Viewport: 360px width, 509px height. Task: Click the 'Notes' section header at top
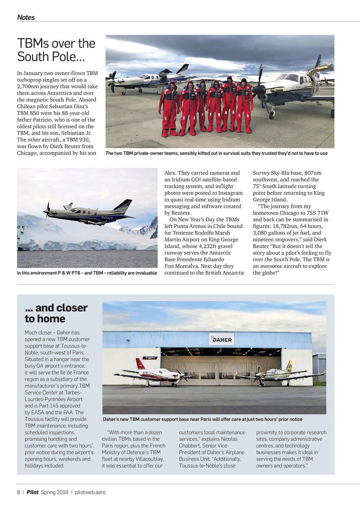click(26, 17)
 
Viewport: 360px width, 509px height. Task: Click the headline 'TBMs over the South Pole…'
click(56, 50)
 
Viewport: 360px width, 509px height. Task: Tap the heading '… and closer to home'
click(56, 313)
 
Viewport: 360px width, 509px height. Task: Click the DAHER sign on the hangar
click(222, 340)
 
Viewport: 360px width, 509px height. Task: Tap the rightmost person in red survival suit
click(243, 105)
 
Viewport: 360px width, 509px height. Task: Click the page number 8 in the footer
click(18, 492)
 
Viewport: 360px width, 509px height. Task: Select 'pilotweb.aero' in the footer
click(90, 492)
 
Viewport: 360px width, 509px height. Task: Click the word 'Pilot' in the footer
click(33, 492)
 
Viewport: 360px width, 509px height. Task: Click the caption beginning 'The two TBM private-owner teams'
click(216, 153)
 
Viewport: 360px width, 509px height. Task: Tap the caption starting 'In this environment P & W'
click(87, 273)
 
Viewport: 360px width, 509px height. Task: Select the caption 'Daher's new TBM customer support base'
click(202, 420)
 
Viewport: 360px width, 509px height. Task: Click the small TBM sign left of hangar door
click(150, 358)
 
